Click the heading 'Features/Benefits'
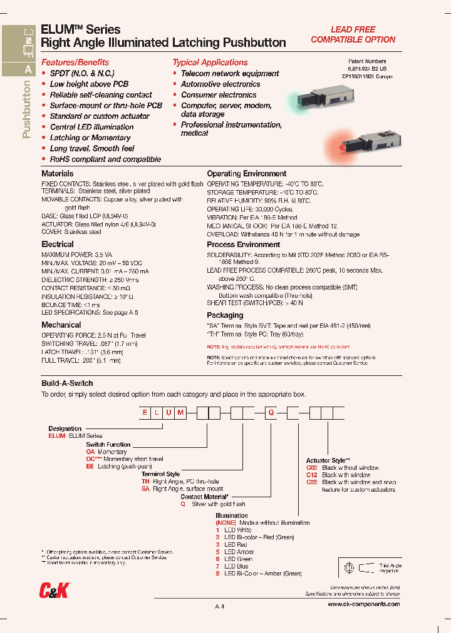[x=75, y=63]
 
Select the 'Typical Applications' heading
[x=210, y=63]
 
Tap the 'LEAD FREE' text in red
[x=353, y=29]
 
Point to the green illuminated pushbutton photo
[x=310, y=99]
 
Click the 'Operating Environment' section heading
[x=247, y=173]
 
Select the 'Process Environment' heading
[x=243, y=245]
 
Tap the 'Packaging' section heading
[x=225, y=315]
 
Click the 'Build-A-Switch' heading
[x=67, y=383]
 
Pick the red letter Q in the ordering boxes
[x=271, y=413]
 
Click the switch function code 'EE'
[x=90, y=467]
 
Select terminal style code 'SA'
[x=145, y=489]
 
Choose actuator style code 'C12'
[x=312, y=475]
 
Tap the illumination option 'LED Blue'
[x=236, y=566]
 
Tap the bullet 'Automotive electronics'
[x=220, y=84]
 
